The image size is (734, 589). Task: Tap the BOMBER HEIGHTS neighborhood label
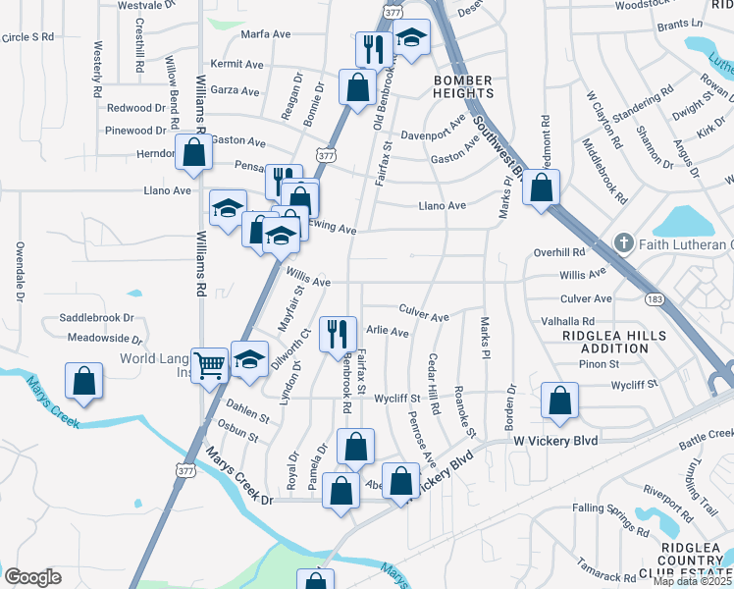[x=463, y=86]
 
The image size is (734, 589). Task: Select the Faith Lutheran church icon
[x=622, y=242]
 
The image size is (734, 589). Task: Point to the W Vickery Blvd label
[x=555, y=442]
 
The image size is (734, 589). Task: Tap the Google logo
[x=32, y=576]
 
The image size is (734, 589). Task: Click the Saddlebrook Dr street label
[x=96, y=318]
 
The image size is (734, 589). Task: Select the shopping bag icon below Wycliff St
[x=559, y=401]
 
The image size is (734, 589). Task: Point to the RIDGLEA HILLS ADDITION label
[x=613, y=342]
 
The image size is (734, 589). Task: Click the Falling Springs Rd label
[x=602, y=508]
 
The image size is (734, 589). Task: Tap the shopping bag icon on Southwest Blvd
[x=541, y=187]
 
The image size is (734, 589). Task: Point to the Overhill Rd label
[x=559, y=252]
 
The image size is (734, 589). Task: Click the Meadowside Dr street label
[x=100, y=338]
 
